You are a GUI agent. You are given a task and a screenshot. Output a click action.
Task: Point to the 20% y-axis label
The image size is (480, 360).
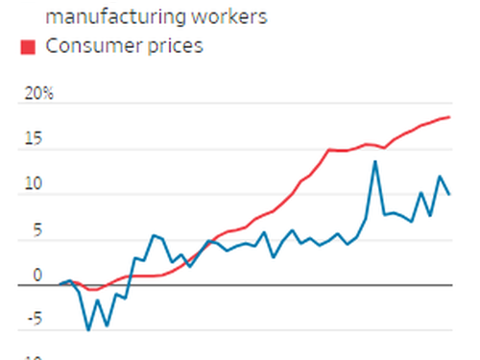(39, 94)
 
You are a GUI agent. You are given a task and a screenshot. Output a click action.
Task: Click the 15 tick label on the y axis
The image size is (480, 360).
(35, 139)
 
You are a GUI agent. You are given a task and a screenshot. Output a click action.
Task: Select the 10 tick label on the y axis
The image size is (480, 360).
(35, 184)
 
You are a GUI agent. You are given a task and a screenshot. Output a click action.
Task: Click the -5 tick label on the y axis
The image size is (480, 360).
(36, 321)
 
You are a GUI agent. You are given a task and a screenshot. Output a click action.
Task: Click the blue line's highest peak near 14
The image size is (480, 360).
(375, 161)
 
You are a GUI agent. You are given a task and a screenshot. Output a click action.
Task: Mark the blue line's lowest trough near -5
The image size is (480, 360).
(88, 330)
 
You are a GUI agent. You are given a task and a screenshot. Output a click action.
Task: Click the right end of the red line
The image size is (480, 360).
(449, 117)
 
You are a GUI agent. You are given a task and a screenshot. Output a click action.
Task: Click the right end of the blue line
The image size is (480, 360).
(449, 194)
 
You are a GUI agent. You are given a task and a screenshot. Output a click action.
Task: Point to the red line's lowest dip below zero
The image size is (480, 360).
(92, 289)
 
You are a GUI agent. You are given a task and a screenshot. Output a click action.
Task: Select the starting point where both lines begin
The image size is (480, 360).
(60, 284)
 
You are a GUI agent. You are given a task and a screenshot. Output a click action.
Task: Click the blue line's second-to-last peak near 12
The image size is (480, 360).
(440, 177)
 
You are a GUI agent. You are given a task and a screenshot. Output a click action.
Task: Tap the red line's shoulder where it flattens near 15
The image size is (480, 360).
(330, 149)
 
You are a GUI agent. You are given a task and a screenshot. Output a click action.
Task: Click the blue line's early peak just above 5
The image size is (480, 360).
(154, 235)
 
